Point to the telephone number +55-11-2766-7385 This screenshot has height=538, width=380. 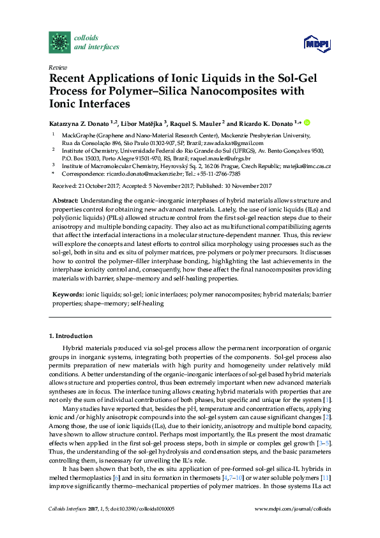pyautogui.click(x=219, y=174)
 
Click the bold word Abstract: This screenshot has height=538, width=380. pyautogui.click(x=65, y=200)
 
